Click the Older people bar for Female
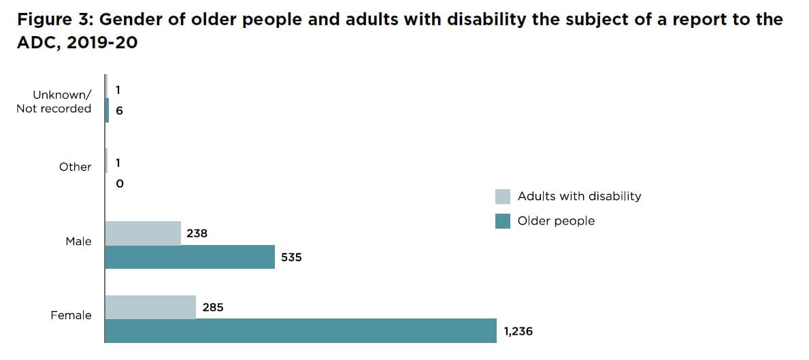pos(300,331)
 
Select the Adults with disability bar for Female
pos(150,308)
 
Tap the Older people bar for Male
pos(190,257)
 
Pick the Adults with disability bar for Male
pos(143,233)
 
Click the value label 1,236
pos(518,331)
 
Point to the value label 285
pos(213,308)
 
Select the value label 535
pos(291,258)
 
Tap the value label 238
pos(197,233)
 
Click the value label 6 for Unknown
pos(120,111)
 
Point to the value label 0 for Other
pos(120,184)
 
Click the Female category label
pos(71,315)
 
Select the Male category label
pos(78,242)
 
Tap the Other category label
pos(75,167)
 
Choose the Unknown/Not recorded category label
pos(54,101)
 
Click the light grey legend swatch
pos(503,197)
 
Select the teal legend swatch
pos(503,221)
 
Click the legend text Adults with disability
pos(579,196)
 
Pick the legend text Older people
pos(556,221)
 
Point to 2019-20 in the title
pos(99,42)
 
